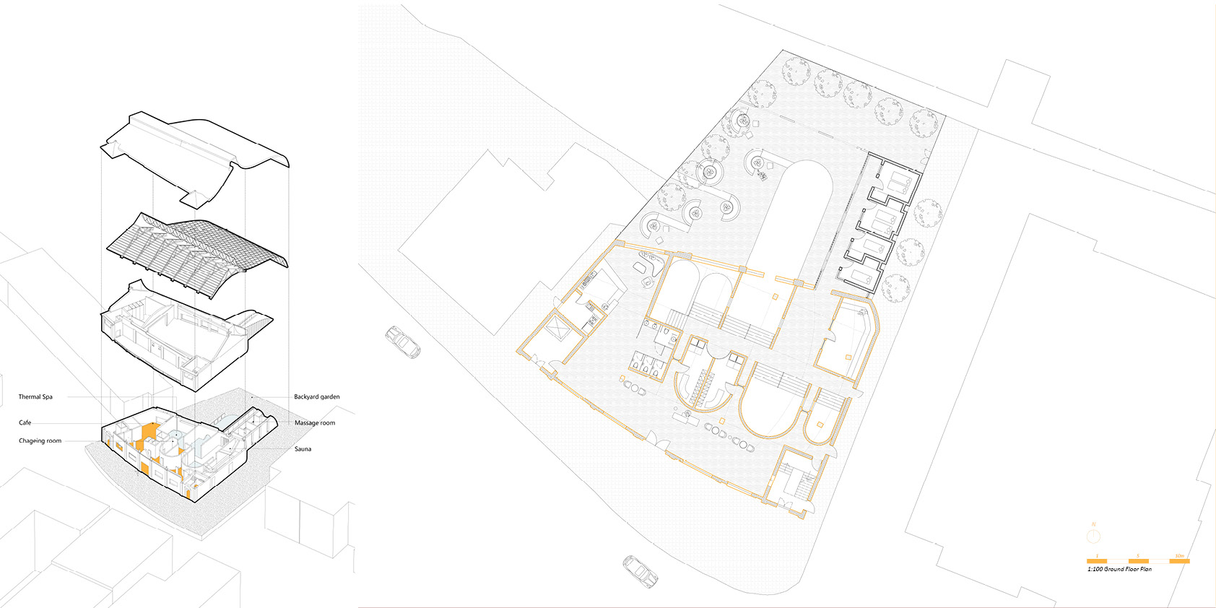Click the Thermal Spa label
pos(35,397)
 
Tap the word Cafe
pos(25,423)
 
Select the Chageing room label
pos(40,441)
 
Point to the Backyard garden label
pos(316,397)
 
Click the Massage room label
pos(314,423)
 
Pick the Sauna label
pos(303,449)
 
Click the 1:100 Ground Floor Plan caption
pos(1119,570)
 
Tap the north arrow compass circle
pos(1094,536)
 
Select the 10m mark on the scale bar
pos(1179,556)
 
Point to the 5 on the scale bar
pos(1138,556)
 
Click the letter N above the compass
pos(1094,524)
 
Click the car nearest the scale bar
pos(640,571)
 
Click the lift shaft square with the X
pos(559,330)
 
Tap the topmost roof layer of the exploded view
pos(195,152)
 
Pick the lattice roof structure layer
pos(195,249)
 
